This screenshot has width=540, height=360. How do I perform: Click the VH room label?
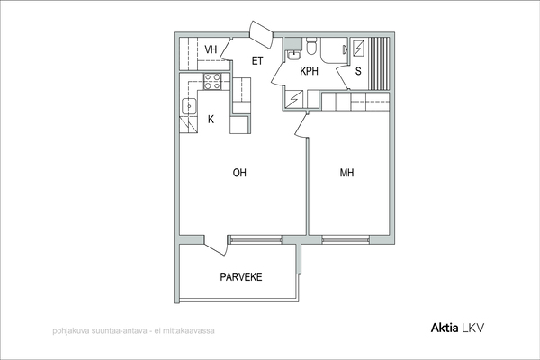(x=211, y=49)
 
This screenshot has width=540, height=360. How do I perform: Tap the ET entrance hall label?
(x=257, y=61)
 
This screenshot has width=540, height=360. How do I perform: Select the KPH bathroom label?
(x=309, y=71)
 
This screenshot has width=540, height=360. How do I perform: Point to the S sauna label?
(x=358, y=71)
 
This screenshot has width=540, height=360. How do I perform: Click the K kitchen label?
(x=211, y=119)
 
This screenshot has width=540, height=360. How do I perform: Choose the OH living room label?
(x=239, y=173)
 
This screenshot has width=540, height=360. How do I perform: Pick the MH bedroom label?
(x=346, y=173)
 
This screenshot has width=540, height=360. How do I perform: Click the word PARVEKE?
(x=241, y=277)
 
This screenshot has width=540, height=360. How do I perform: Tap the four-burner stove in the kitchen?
(x=212, y=82)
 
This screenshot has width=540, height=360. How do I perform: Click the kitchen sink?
(x=189, y=106)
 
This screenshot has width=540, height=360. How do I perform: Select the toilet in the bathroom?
(x=311, y=46)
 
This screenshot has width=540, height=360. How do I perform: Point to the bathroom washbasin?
(x=293, y=55)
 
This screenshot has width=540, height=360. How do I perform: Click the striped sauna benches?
(x=379, y=64)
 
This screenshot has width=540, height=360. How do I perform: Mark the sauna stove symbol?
(x=358, y=48)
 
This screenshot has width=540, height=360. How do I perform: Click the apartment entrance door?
(x=261, y=34)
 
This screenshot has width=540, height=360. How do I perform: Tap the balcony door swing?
(x=216, y=246)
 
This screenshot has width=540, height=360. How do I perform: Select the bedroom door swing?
(x=301, y=126)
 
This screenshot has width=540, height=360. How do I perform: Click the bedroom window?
(x=346, y=239)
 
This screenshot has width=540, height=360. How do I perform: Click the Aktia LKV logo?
(x=457, y=328)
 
